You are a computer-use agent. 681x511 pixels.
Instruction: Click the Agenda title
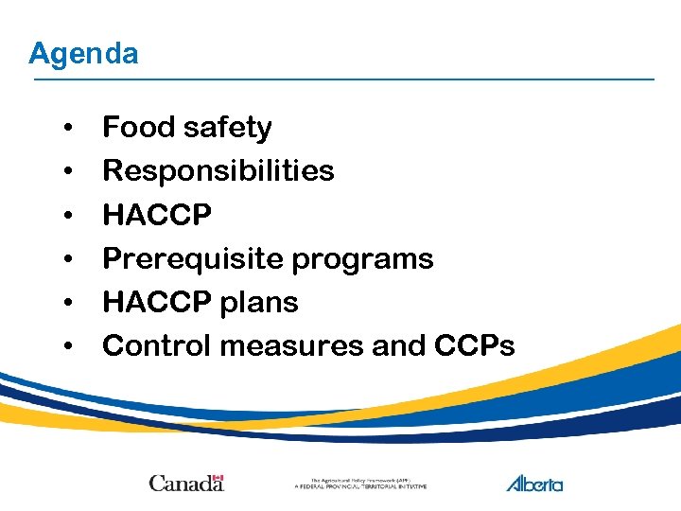pos(83,54)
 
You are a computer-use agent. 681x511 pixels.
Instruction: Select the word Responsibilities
pos(218,170)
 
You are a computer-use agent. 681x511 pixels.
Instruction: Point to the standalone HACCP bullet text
pos(157,215)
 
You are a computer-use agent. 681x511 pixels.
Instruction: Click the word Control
pos(156,345)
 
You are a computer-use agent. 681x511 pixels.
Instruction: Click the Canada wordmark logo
pos(186,483)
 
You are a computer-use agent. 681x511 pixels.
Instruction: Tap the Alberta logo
pos(534,483)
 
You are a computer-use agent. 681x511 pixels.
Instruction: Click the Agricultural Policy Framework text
pos(360,483)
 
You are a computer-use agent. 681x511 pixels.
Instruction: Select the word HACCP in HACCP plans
pos(157,303)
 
